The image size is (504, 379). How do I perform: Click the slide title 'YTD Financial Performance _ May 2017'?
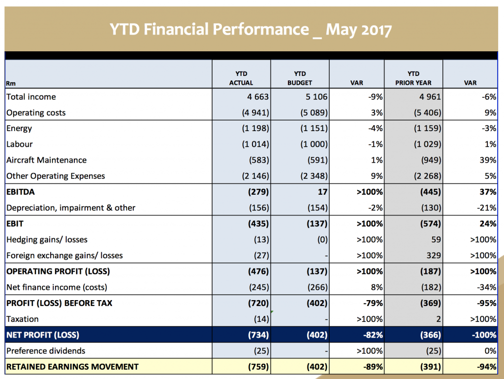pos(251,30)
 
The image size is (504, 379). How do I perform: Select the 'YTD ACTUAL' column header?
pos(241,78)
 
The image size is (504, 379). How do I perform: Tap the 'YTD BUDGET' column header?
pos(300,78)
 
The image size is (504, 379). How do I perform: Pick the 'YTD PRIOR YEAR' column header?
pos(413,78)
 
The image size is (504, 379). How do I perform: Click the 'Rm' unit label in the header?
pos(10,83)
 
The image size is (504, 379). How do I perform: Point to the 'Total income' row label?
pos(31,97)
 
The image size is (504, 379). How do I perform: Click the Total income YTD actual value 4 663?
pos(258,97)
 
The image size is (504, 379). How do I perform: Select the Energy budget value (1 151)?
pos(314,129)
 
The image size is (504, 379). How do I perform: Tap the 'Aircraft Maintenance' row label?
pos(46,160)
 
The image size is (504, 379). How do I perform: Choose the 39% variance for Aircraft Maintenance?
pos(488,160)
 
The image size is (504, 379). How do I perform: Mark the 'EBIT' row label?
pos(15,224)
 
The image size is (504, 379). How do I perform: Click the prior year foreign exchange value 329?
pos(433,255)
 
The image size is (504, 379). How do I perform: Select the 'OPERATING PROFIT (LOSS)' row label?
pos(58,272)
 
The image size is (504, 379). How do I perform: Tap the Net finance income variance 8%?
pos(377,287)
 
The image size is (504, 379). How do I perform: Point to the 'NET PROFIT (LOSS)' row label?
pos(43,335)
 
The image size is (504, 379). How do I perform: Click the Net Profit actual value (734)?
pos(259,335)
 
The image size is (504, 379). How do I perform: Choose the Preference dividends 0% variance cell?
pos(490,351)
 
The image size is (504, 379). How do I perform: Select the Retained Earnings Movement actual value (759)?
pos(259,367)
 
